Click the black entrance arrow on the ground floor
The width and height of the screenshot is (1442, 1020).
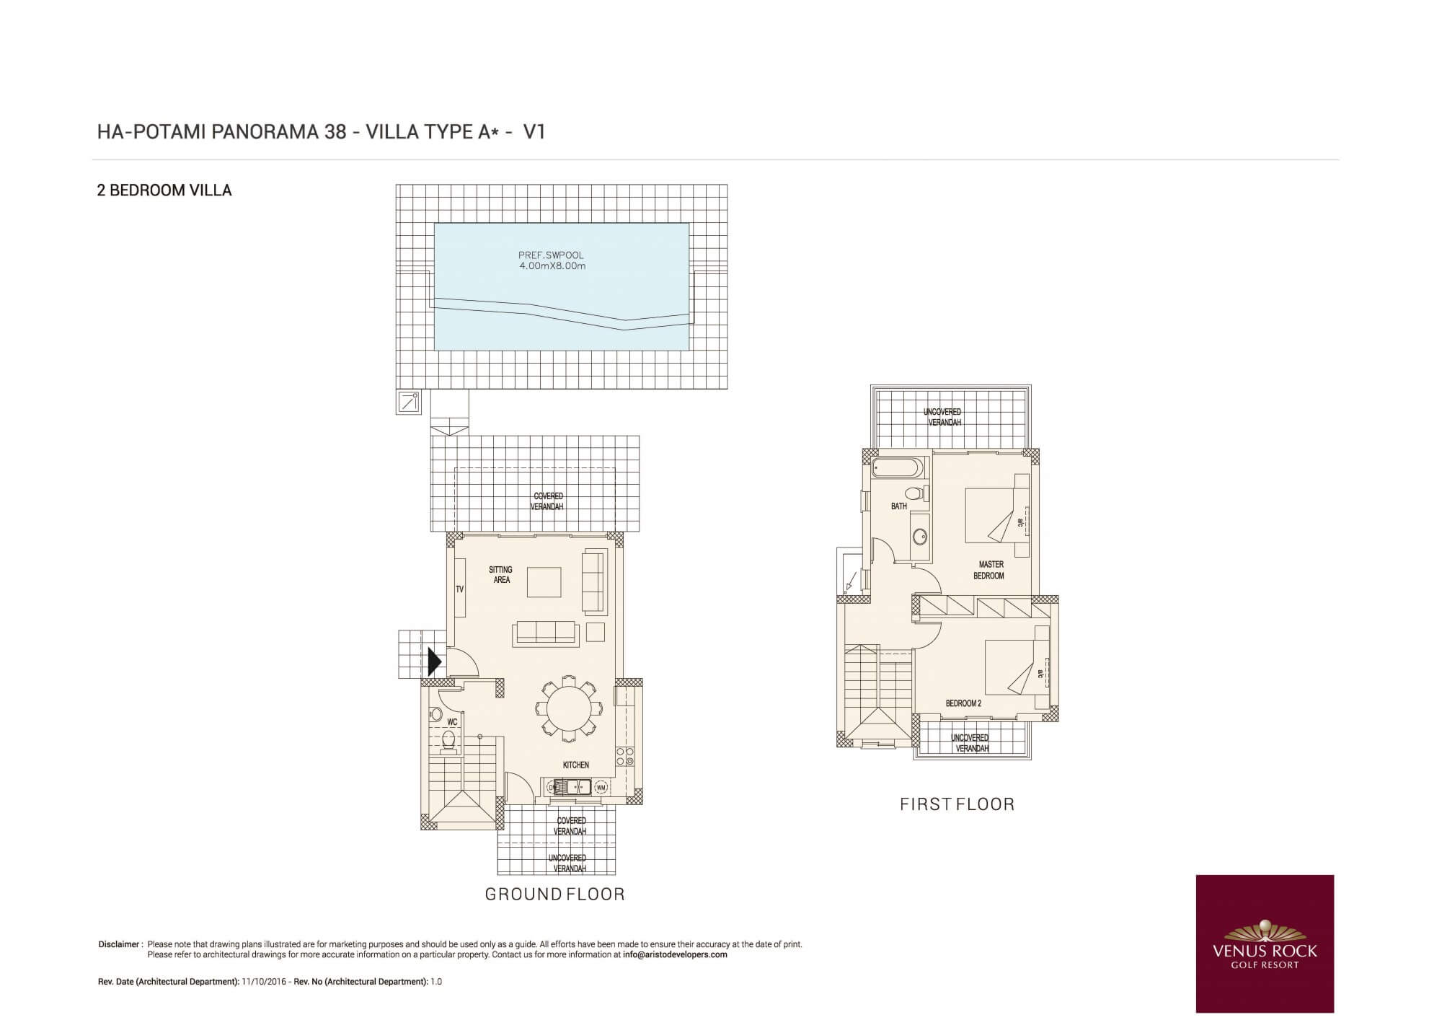tap(434, 661)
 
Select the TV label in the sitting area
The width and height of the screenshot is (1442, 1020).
tap(460, 589)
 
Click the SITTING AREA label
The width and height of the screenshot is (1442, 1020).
tap(501, 575)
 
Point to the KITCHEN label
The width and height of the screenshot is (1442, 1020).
tap(576, 765)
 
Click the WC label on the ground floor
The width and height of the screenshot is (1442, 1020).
tap(452, 721)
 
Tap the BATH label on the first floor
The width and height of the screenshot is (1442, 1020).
tap(899, 506)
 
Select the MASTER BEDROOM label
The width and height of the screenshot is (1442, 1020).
tap(989, 570)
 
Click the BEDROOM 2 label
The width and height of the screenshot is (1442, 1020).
tap(963, 703)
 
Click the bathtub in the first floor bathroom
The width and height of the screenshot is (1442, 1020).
tap(896, 468)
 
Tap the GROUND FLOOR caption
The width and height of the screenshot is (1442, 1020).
tap(554, 894)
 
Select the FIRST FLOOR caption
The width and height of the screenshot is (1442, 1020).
tap(957, 804)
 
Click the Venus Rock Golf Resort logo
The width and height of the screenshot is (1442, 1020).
tap(1265, 944)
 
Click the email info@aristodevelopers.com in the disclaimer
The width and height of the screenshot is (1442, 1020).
tap(675, 954)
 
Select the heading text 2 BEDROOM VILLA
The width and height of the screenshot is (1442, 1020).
tap(164, 190)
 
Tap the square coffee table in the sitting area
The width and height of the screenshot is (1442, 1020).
tap(544, 582)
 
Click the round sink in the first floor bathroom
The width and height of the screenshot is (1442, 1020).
tap(919, 537)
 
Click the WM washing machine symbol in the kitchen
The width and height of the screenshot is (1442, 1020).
tap(601, 788)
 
